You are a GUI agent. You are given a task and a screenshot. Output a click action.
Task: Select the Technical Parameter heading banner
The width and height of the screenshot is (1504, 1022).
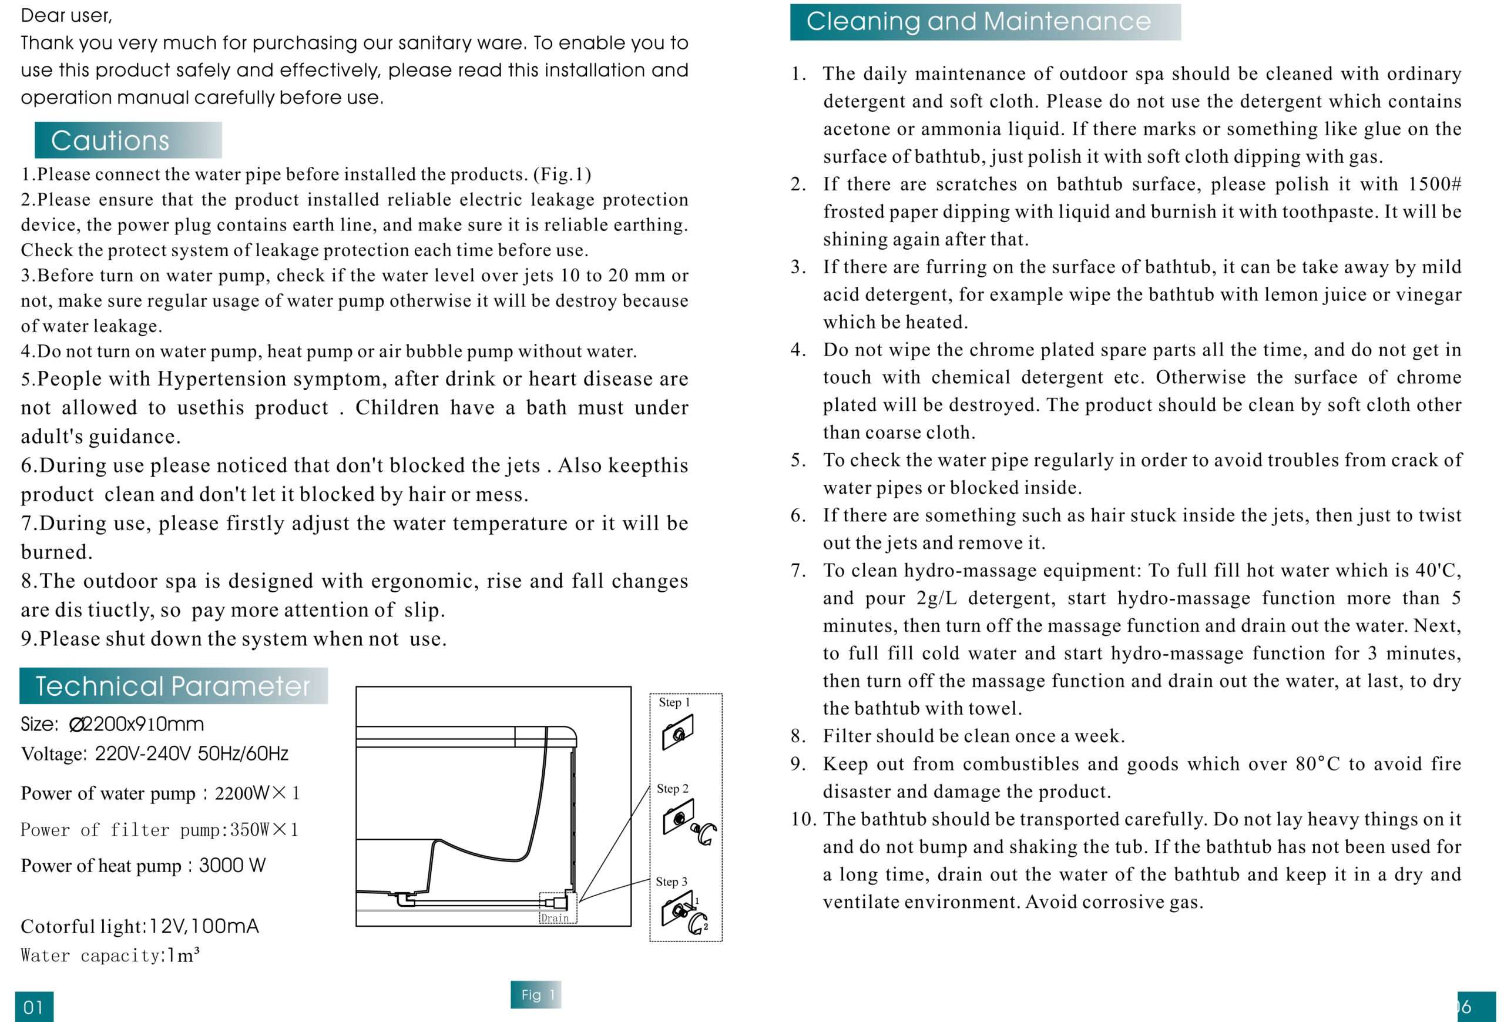173,686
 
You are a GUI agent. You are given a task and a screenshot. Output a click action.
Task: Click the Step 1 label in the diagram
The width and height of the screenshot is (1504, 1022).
674,702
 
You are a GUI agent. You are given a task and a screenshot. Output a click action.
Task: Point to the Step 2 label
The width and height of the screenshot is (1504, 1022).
673,788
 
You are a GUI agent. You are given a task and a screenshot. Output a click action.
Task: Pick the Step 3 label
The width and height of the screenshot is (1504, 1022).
671,882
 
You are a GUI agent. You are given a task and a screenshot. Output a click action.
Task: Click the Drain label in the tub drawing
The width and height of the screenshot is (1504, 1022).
555,918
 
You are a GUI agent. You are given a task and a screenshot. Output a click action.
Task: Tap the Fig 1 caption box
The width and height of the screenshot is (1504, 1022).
536,995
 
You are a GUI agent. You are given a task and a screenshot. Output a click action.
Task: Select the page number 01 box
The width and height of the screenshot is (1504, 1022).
33,1007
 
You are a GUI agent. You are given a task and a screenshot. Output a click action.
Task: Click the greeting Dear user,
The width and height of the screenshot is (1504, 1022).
66,15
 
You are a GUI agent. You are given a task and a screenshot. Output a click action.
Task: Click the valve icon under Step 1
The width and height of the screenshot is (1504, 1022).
677,733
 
